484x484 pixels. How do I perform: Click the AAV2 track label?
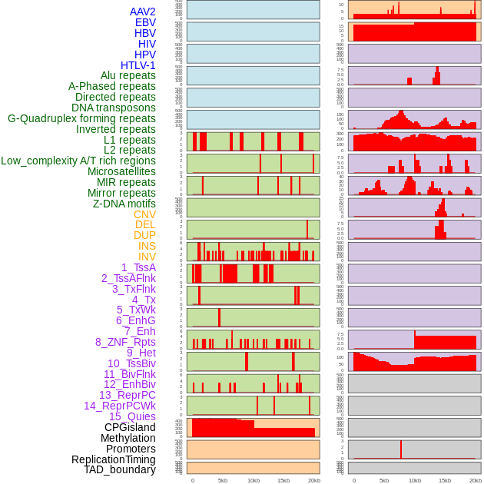point(143,12)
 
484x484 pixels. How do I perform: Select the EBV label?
point(145,23)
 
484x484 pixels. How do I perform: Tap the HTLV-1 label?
point(138,65)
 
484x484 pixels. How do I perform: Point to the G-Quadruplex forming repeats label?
point(81,118)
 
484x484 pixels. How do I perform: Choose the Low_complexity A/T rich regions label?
point(78,161)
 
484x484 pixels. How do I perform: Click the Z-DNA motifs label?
point(124,204)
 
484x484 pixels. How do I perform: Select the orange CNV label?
point(144,214)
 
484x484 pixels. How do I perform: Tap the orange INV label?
point(147,257)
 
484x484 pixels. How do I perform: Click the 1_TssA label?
point(138,267)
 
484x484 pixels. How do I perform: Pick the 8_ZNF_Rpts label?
point(125,342)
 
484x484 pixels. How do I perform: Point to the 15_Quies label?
point(132,416)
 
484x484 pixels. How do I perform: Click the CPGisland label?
point(130,427)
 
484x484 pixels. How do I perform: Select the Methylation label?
point(128,438)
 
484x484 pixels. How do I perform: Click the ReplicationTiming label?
point(113,459)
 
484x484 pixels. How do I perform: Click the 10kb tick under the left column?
point(253,480)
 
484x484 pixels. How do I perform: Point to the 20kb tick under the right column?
point(476,480)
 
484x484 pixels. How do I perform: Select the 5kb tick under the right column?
point(384,480)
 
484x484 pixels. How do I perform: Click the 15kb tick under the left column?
point(283,480)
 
